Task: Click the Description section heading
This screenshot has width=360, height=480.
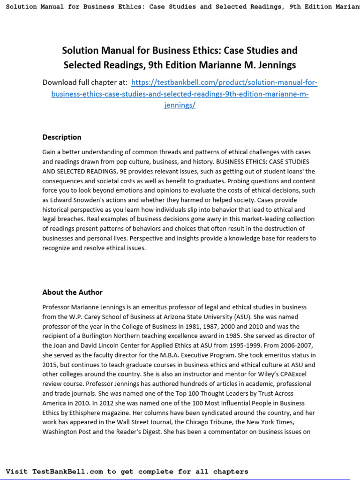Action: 61,137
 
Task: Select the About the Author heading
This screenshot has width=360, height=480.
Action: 72,292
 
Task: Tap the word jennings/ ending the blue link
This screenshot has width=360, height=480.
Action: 180,105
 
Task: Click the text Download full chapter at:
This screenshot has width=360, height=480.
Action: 85,82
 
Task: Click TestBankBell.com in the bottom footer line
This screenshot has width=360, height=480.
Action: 67,471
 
